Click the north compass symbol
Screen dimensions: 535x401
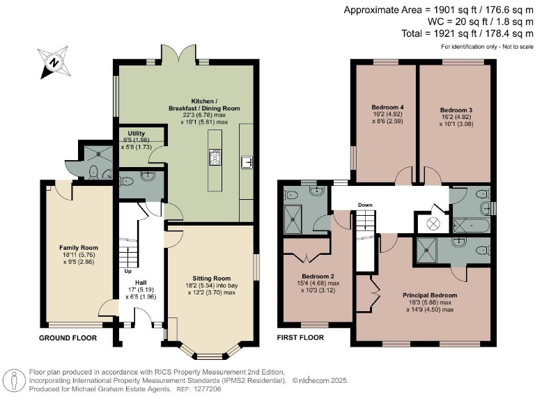click(54, 63)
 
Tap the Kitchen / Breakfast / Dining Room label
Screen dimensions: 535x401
click(204, 104)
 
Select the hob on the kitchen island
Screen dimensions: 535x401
click(215, 157)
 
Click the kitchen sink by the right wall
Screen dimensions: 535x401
click(247, 162)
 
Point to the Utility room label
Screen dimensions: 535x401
click(136, 134)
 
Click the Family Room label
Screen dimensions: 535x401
click(79, 248)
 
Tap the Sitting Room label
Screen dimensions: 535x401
click(212, 278)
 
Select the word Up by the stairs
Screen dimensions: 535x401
click(127, 272)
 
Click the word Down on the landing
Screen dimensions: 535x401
click(365, 205)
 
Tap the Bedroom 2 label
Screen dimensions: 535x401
click(318, 276)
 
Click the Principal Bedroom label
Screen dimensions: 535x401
click(430, 295)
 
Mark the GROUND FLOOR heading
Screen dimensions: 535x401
click(68, 338)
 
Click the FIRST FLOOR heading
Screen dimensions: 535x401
click(300, 338)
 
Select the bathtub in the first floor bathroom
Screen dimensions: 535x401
click(471, 226)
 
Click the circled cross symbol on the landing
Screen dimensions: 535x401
click(433, 224)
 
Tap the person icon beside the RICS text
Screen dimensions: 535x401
click(15, 381)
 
